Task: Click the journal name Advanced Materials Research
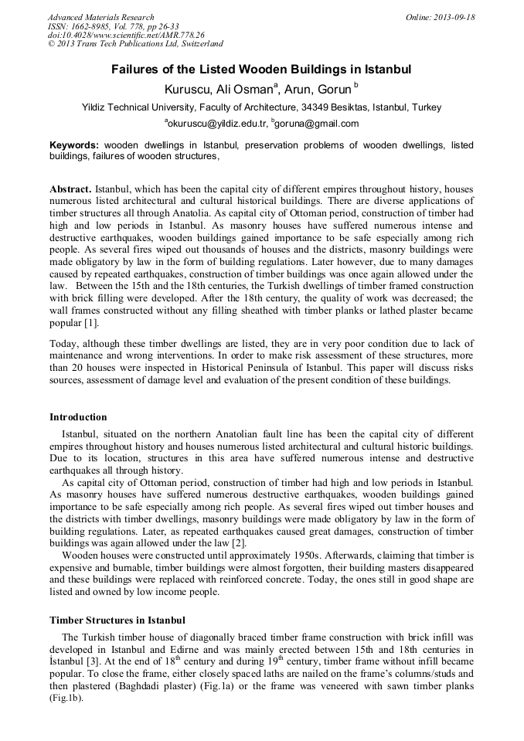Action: pyautogui.click(x=100, y=17)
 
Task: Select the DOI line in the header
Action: pyautogui.click(x=126, y=35)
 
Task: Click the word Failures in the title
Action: pyautogui.click(x=136, y=70)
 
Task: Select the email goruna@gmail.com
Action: pyautogui.click(x=317, y=124)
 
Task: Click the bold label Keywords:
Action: pyautogui.click(x=74, y=145)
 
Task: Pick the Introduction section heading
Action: pyautogui.click(x=78, y=417)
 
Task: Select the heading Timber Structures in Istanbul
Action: pyautogui.click(x=117, y=620)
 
